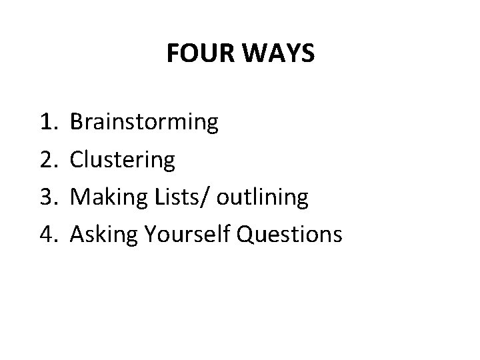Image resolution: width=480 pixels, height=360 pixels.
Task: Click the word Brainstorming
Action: click(x=143, y=123)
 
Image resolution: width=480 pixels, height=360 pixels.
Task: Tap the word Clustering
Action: click(x=123, y=160)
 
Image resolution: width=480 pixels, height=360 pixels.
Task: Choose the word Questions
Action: click(x=287, y=234)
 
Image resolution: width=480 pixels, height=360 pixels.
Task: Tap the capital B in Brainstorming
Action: click(x=77, y=122)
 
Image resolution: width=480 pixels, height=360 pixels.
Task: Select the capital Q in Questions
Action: click(x=241, y=234)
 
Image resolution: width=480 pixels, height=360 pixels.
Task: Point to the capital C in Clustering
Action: click(x=77, y=159)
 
